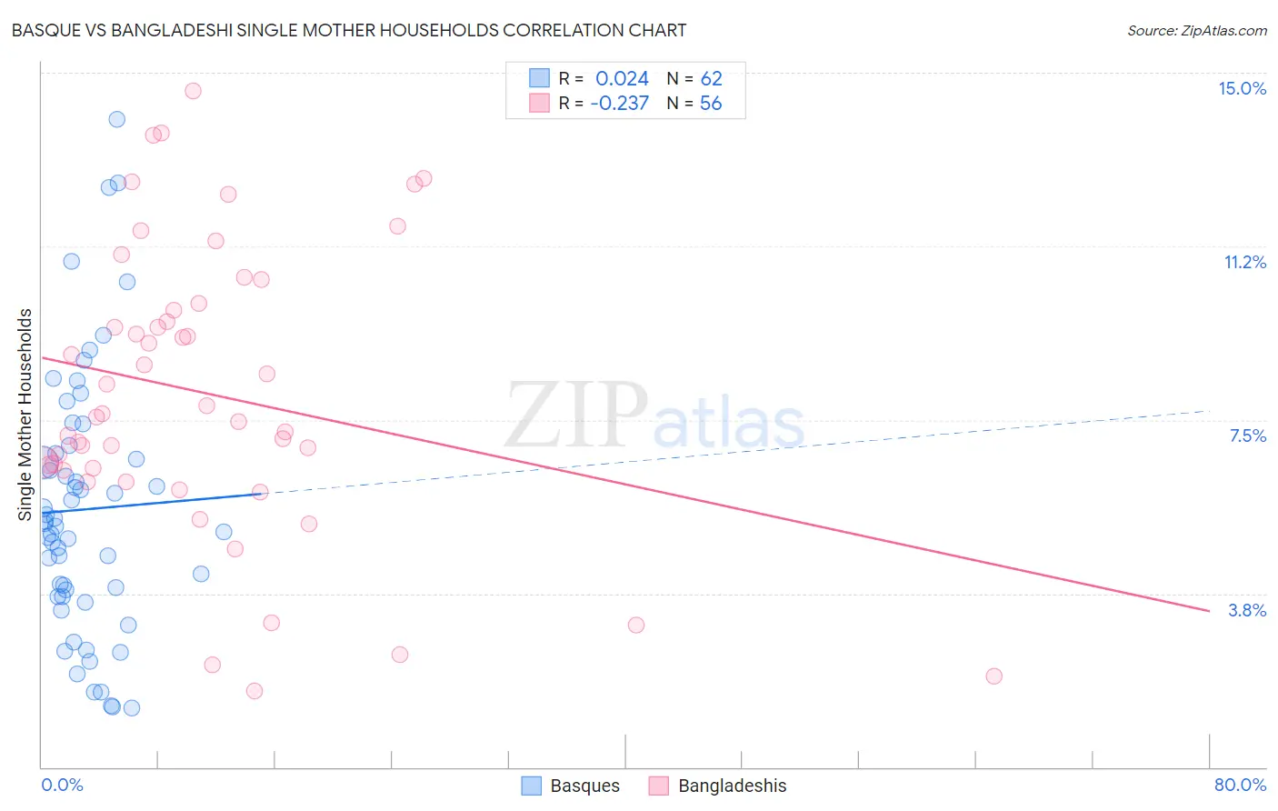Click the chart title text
pyautogui.click(x=349, y=30)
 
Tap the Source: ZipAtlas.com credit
pyautogui.click(x=1196, y=31)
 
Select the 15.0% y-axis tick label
pyautogui.click(x=1242, y=88)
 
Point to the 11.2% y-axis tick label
pyautogui.click(x=1244, y=262)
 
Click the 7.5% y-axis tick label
pyautogui.click(x=1247, y=436)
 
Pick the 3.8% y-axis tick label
pyautogui.click(x=1247, y=610)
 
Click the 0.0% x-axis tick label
pyautogui.click(x=62, y=785)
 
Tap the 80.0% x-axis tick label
pyautogui.click(x=1240, y=785)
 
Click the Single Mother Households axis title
pyautogui.click(x=25, y=415)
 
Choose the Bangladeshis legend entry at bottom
pyautogui.click(x=718, y=786)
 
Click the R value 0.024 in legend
pyautogui.click(x=622, y=79)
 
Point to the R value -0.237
pyautogui.click(x=619, y=104)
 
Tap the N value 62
pyautogui.click(x=711, y=79)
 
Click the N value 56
pyautogui.click(x=711, y=104)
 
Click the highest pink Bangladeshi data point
pyautogui.click(x=193, y=91)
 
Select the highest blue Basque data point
pyautogui.click(x=117, y=119)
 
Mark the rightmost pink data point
pyautogui.click(x=993, y=676)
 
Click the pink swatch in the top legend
pyautogui.click(x=540, y=103)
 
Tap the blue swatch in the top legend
pyautogui.click(x=540, y=78)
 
